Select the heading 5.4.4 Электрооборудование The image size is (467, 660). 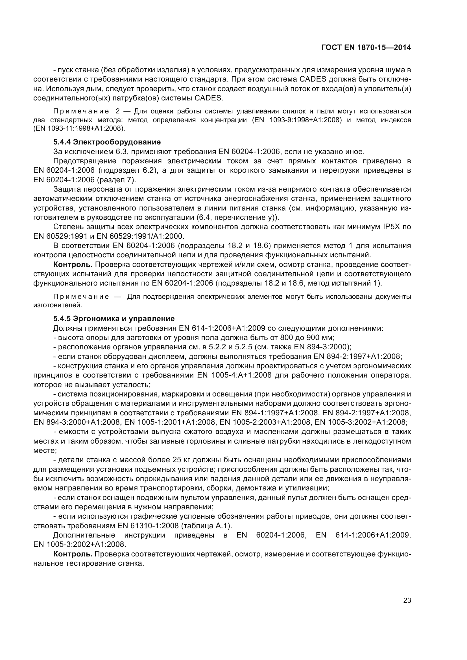107,142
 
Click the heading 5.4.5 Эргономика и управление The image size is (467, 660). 114,319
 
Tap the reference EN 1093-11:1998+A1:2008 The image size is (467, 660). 79,128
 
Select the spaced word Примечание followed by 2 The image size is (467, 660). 81,111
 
